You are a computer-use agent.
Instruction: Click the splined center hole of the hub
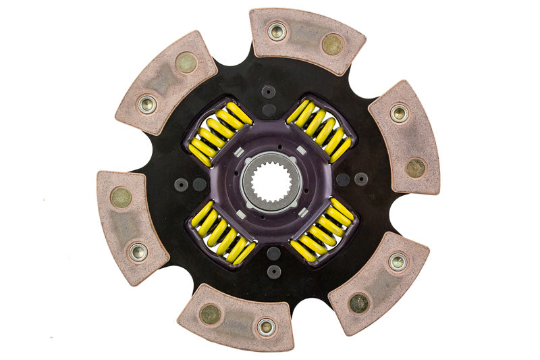270,180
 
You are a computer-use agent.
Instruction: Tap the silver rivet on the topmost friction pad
277,32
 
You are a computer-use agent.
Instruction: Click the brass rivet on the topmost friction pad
332,44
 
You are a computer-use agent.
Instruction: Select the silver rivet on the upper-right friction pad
399,113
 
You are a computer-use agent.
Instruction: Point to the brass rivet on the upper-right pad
416,168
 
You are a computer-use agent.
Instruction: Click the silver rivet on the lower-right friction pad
398,261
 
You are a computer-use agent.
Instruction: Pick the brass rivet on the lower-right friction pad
359,303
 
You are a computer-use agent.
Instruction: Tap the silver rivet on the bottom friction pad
267,328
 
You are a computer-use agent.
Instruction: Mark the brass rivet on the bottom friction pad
210,314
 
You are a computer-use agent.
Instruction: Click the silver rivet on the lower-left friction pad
139,252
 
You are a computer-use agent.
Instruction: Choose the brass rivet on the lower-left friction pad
122,197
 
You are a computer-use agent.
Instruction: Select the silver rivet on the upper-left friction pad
146,104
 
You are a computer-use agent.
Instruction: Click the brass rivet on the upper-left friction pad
186,63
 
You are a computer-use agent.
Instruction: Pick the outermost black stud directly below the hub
273,271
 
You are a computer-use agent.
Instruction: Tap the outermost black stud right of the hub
361,179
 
